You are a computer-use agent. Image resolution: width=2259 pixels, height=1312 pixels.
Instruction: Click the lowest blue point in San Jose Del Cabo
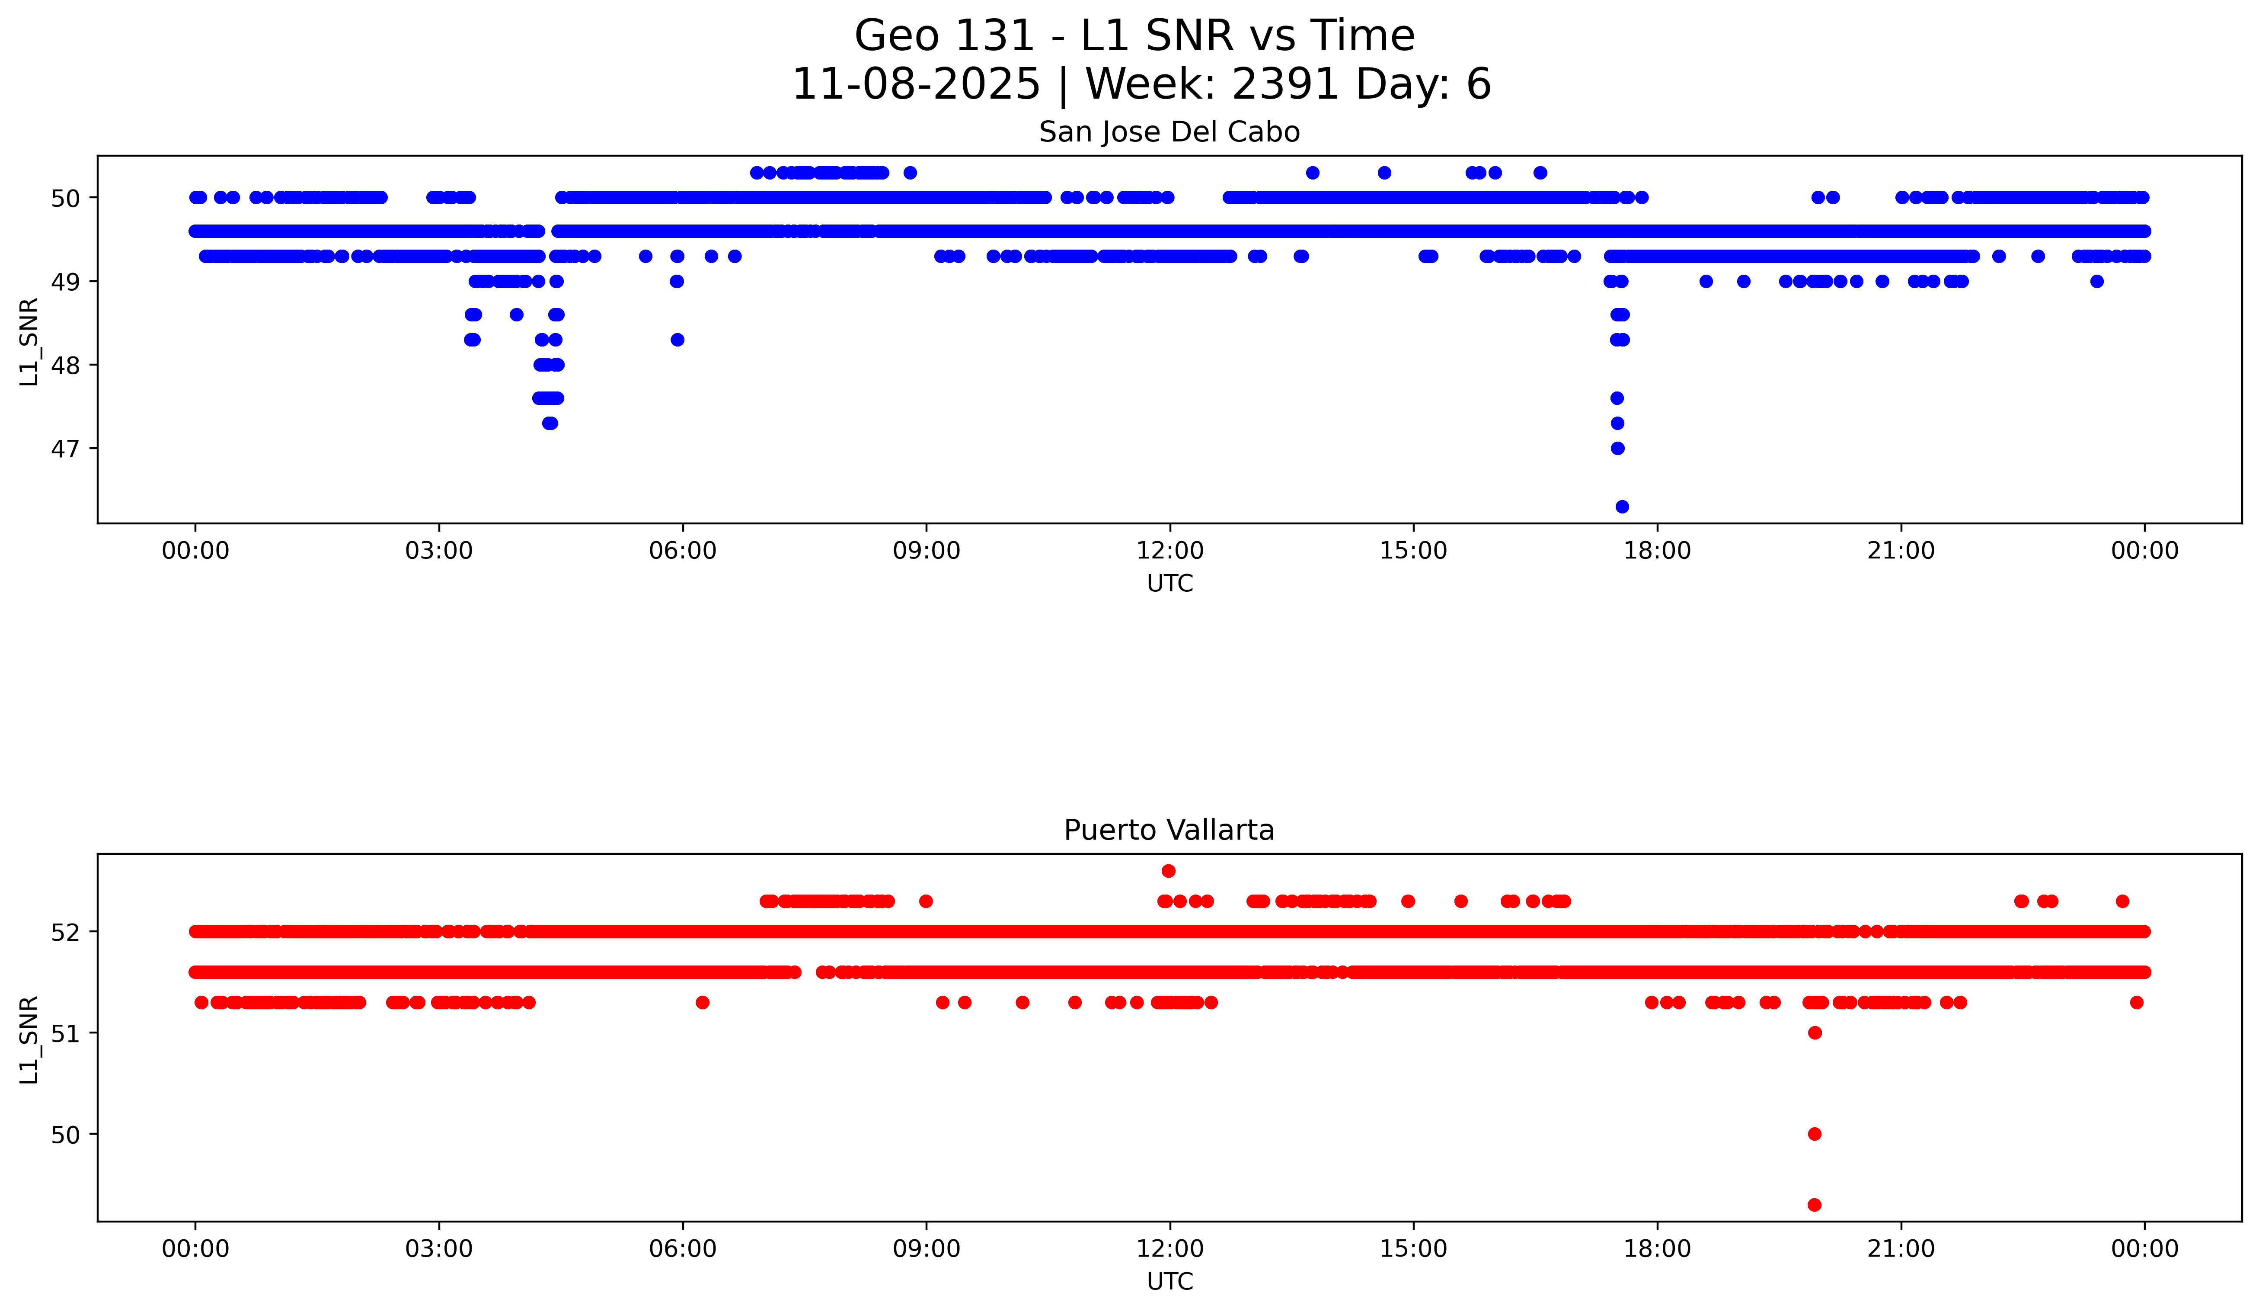pos(1622,507)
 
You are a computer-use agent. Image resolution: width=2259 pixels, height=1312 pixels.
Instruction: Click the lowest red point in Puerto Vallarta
pos(1815,1204)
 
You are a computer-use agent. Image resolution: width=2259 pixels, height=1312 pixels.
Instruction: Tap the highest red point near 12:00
pos(1168,871)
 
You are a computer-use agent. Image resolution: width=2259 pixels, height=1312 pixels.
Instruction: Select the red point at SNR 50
pos(1815,1133)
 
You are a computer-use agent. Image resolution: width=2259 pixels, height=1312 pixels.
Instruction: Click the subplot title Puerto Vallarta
pos(1169,831)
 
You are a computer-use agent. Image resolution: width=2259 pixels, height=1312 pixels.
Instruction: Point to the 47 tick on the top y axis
pos(64,449)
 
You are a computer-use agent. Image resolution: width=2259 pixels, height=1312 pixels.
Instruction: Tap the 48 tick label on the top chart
pos(64,365)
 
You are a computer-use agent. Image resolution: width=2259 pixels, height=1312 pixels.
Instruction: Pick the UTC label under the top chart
pos(1169,584)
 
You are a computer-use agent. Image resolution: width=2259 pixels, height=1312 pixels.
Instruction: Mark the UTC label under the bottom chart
pos(1169,1282)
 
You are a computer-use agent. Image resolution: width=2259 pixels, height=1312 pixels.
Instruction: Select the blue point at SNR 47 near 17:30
pos(1617,449)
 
